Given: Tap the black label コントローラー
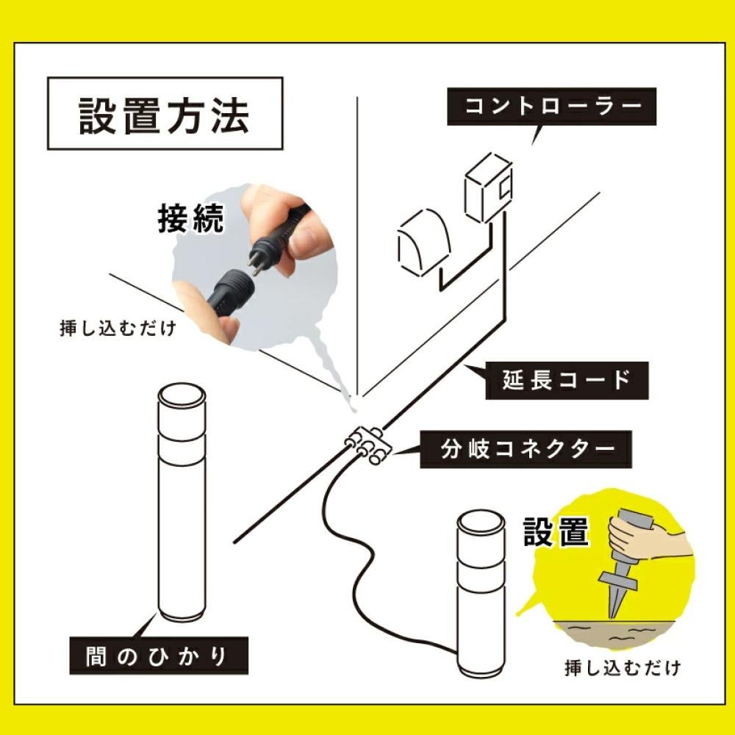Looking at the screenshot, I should [552, 105].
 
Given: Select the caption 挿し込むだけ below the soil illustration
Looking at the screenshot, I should [622, 668].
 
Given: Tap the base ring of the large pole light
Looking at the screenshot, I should [181, 613].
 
